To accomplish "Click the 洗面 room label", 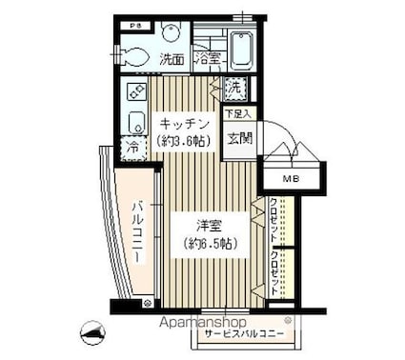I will coord(172,58).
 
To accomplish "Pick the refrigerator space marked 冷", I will coord(130,150).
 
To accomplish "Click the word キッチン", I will coord(183,124).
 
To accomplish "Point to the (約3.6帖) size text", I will coord(183,141).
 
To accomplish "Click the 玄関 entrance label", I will coord(238,134).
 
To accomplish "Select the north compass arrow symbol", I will coord(93,330).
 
